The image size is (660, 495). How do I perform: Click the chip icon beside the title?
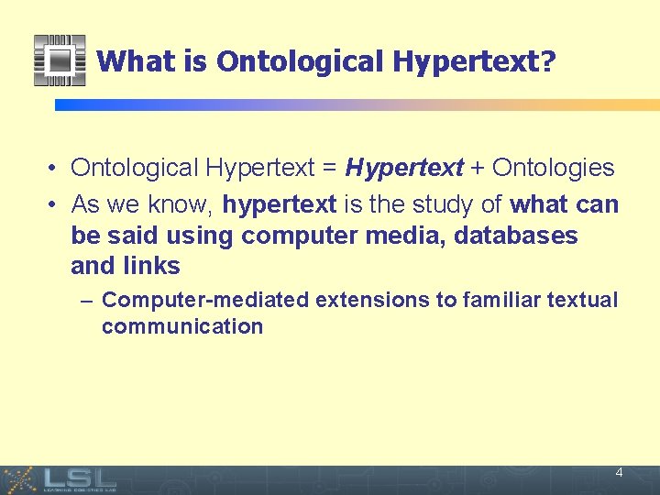click(x=60, y=60)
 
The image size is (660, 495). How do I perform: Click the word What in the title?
click(x=126, y=61)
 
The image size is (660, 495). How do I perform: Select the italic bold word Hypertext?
click(x=404, y=168)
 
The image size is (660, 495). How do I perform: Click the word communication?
click(x=182, y=327)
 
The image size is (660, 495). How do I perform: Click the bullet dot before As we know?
click(x=55, y=204)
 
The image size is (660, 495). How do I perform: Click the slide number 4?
click(x=619, y=473)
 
